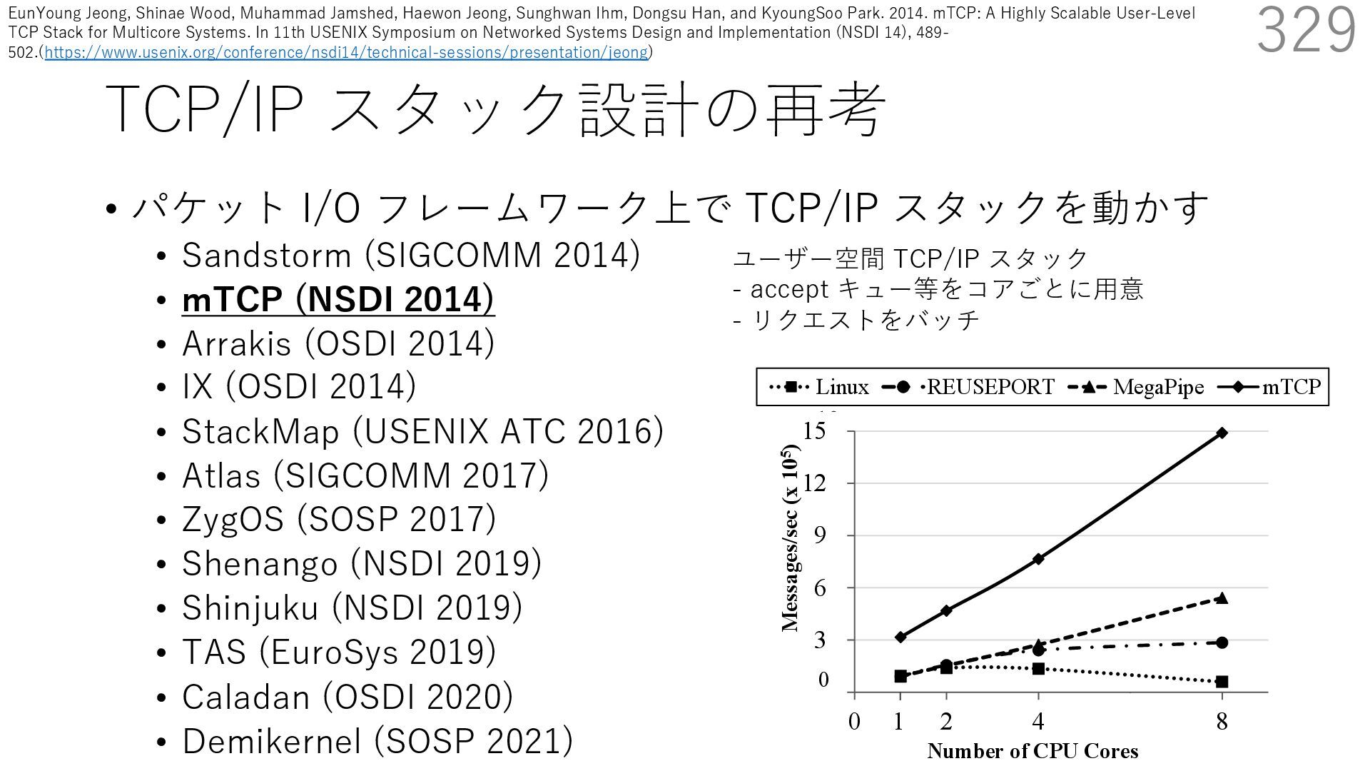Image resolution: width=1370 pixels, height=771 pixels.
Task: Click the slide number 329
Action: pos(1306,30)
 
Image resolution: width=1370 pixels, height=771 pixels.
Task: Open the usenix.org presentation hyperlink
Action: pos(346,52)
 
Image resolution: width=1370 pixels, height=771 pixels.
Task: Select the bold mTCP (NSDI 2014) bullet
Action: pos(338,300)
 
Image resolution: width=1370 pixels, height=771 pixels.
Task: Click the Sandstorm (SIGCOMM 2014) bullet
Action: pos(410,256)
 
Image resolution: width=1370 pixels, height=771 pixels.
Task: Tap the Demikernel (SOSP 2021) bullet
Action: pos(377,741)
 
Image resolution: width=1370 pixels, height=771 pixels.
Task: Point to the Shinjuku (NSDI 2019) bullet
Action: pos(352,608)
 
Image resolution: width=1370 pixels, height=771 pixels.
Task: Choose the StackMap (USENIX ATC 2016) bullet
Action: pos(422,432)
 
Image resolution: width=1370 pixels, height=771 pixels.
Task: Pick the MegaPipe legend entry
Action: pos(1136,387)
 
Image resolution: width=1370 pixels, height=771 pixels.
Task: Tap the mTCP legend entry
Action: pos(1271,387)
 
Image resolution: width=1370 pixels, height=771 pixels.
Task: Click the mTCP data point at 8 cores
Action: pos(1222,433)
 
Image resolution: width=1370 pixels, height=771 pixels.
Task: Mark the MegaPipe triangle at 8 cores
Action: pos(1222,598)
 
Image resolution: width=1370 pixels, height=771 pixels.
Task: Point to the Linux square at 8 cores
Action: pos(1222,682)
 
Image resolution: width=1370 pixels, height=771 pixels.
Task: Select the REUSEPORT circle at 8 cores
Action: pos(1222,642)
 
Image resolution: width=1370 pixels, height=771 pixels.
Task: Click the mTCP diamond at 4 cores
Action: pos(1038,558)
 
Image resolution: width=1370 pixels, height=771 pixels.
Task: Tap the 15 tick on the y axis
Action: pos(814,431)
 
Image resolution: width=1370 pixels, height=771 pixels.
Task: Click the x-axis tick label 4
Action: pos(1038,722)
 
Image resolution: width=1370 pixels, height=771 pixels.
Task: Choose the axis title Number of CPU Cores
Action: pos(1032,751)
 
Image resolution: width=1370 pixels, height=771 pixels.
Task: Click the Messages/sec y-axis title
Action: pos(790,538)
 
